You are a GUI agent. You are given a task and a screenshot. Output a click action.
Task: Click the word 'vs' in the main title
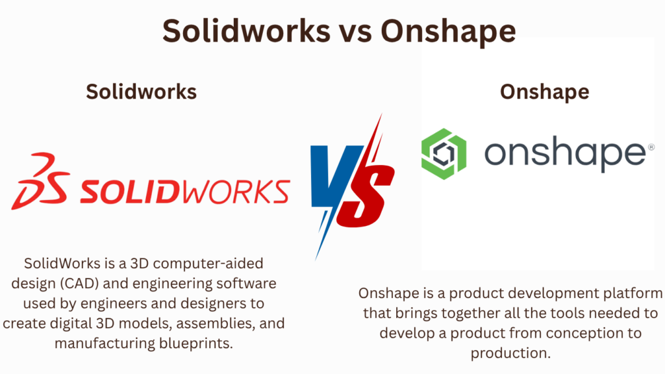tap(355, 31)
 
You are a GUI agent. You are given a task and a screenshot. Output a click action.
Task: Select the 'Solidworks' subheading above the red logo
tap(141, 92)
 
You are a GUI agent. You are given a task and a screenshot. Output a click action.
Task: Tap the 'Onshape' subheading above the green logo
tap(545, 92)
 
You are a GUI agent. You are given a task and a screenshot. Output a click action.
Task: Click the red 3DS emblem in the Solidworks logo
tap(40, 181)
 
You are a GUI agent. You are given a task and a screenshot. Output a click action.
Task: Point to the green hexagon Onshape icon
tap(444, 153)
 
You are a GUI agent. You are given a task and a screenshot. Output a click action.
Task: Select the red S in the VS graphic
tap(368, 182)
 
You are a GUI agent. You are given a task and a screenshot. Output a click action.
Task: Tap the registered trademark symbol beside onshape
tap(651, 147)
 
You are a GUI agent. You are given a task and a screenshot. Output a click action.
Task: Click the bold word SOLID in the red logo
tap(129, 192)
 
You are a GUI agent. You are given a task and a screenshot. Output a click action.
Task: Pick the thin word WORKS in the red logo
tap(236, 192)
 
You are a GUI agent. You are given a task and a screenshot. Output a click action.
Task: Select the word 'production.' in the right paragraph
tap(510, 353)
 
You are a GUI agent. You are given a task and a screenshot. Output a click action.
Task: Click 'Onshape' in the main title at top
tap(448, 32)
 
